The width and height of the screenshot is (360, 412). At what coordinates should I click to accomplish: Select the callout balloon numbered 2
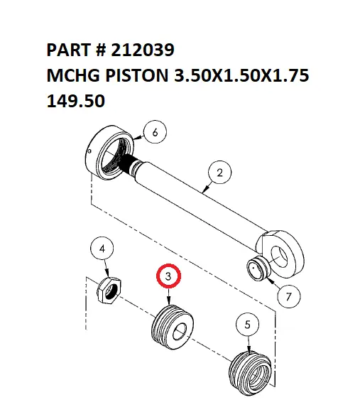pos(219,173)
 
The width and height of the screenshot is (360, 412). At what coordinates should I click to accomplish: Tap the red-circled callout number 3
pos(168,277)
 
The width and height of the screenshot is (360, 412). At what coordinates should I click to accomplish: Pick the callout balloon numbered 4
pos(103,249)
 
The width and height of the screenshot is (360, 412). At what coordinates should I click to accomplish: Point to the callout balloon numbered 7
pos(288,298)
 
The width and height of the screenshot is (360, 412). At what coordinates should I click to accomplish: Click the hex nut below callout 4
pos(110,290)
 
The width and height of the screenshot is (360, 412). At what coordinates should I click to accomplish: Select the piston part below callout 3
pos(170,327)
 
